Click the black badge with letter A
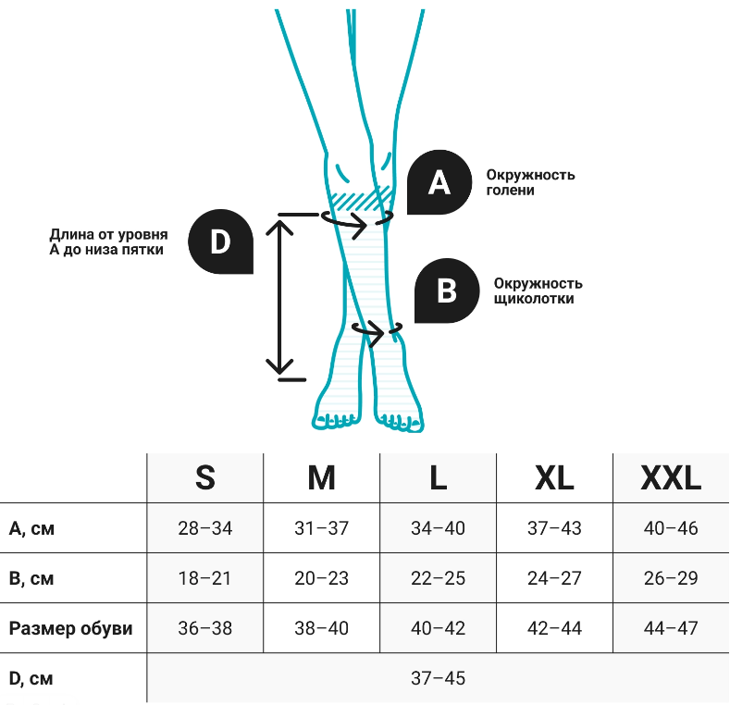click(439, 183)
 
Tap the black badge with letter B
click(447, 291)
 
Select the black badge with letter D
click(220, 242)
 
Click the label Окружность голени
click(530, 182)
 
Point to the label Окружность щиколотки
click(538, 291)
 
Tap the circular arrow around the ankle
click(377, 328)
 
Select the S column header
click(205, 478)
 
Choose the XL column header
click(554, 478)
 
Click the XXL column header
click(671, 478)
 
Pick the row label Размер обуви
click(71, 629)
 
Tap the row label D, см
click(31, 679)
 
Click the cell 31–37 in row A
click(321, 529)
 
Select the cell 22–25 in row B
click(438, 579)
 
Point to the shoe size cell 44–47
click(671, 629)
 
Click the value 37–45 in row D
click(438, 679)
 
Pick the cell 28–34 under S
click(205, 529)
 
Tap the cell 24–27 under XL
click(554, 579)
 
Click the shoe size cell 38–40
click(321, 629)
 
